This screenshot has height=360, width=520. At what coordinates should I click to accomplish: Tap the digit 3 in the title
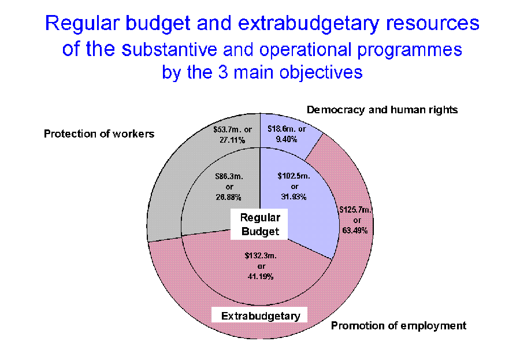pyautogui.click(x=223, y=72)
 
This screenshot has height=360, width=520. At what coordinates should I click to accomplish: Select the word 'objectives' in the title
pyautogui.click(x=321, y=73)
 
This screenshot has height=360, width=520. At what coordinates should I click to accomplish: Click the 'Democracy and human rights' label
pyautogui.click(x=382, y=110)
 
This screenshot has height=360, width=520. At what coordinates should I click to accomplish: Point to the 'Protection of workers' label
pyautogui.click(x=99, y=133)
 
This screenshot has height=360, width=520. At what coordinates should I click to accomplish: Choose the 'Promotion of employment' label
pyautogui.click(x=399, y=326)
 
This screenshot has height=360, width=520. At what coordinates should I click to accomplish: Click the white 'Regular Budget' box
pyautogui.click(x=259, y=224)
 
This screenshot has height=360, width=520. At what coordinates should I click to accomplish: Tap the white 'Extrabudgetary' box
pyautogui.click(x=259, y=315)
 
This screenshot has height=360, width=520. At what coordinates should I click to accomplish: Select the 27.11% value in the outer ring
pyautogui.click(x=232, y=140)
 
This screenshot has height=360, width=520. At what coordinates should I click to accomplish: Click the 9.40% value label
pyautogui.click(x=287, y=139)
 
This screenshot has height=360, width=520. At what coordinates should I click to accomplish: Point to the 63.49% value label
pyautogui.click(x=355, y=230)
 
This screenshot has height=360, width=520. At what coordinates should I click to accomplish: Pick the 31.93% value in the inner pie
pyautogui.click(x=294, y=196)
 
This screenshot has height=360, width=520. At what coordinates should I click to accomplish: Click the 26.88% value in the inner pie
pyautogui.click(x=228, y=197)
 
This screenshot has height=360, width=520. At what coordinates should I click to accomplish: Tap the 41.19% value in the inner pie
pyautogui.click(x=261, y=276)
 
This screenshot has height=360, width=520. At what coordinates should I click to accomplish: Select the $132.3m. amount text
pyautogui.click(x=261, y=255)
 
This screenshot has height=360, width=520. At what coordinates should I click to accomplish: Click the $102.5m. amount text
pyautogui.click(x=294, y=176)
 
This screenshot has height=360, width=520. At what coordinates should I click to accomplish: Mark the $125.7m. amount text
pyautogui.click(x=355, y=210)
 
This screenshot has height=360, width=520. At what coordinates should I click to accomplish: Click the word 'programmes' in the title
pyautogui.click(x=410, y=50)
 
